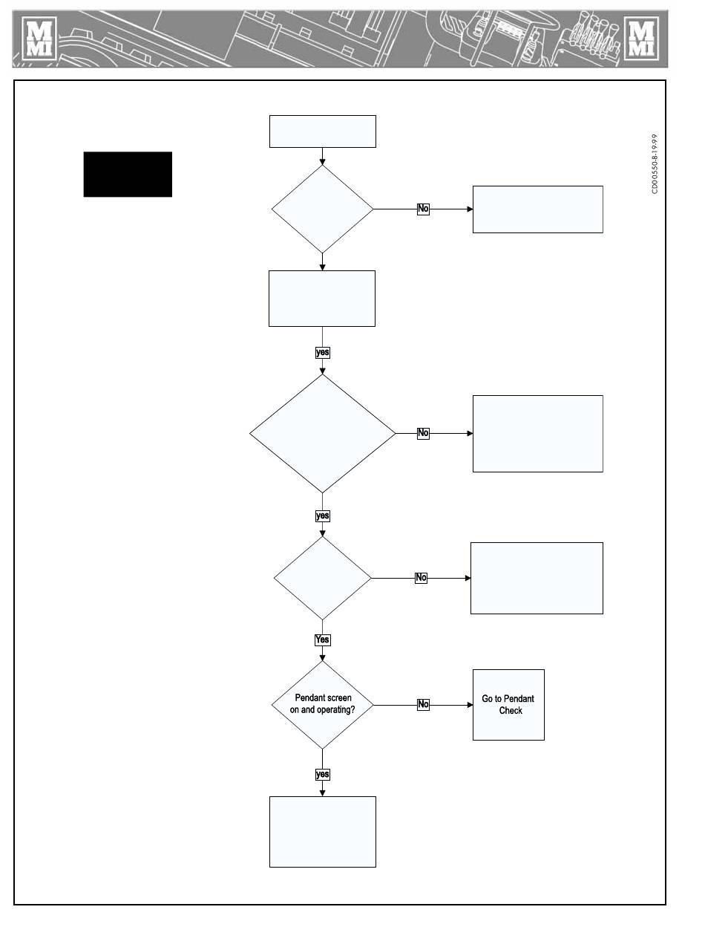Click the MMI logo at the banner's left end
coord(39,38)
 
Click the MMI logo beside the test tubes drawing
coord(641,38)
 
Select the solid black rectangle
coord(128,174)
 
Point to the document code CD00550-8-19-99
coord(655,164)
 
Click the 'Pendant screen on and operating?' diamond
coord(322,705)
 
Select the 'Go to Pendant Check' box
coord(508,705)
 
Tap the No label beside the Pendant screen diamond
coord(423,704)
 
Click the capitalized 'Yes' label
coord(322,640)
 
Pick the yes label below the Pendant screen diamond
coord(322,775)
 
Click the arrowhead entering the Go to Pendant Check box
coord(470,705)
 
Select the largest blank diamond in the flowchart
coord(322,433)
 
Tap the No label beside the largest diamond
coord(423,433)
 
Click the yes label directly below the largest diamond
coord(322,515)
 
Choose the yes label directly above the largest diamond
coord(322,352)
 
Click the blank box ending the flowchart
coord(323,832)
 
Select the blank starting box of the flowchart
coord(323,131)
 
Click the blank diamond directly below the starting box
coord(322,209)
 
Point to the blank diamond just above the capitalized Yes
coord(322,578)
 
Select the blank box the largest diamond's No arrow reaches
coord(538,434)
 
